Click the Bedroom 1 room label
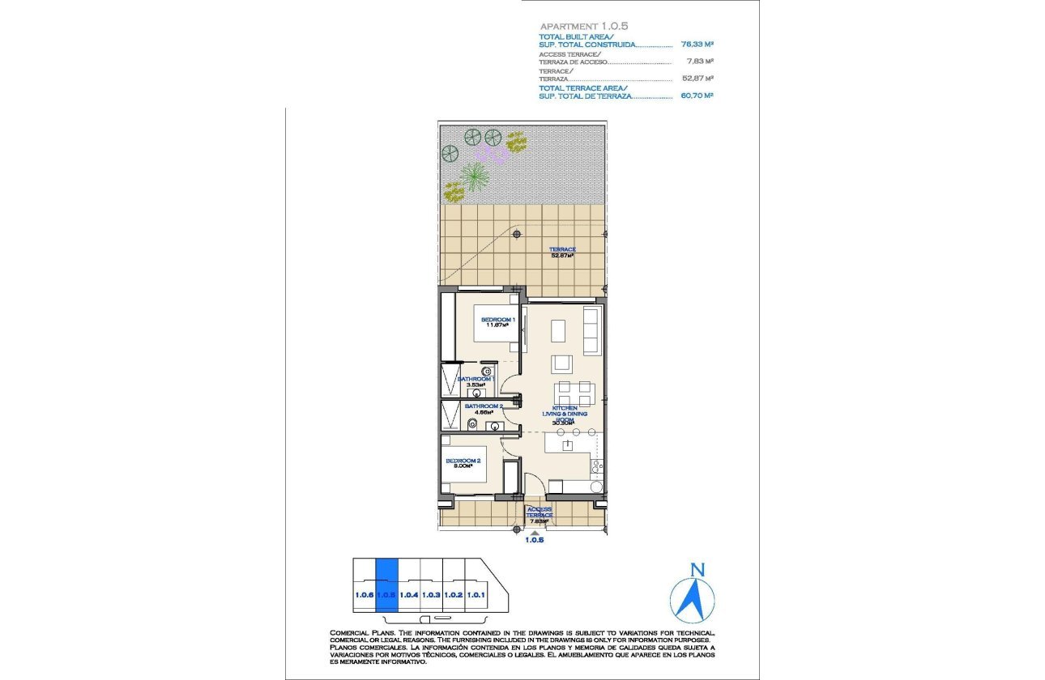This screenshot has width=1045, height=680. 498,322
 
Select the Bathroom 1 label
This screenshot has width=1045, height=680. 476,380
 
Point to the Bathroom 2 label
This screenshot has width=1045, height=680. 484,409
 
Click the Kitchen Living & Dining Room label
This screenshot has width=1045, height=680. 565,414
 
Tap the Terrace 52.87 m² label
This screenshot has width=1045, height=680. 562,252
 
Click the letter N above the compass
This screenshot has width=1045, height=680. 694,570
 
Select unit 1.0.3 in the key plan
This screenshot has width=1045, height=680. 432,596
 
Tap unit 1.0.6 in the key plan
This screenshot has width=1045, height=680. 364,596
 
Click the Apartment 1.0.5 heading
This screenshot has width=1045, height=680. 573,26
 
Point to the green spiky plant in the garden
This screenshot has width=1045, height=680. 474,174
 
